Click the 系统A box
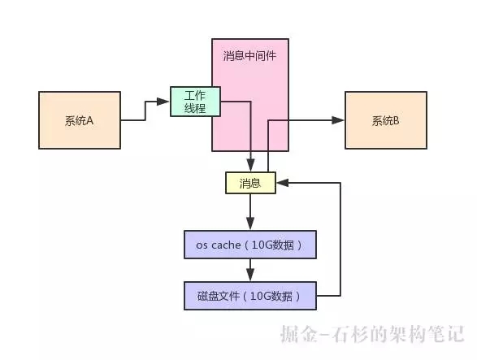[80, 120]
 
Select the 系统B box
[385, 120]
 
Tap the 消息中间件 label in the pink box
[249, 56]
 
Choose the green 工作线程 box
[195, 102]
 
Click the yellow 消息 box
[250, 183]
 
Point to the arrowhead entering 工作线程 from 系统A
[165, 102]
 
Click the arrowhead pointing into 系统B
[340, 120]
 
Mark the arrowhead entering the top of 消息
[250, 168]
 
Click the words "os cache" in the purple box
[217, 245]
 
